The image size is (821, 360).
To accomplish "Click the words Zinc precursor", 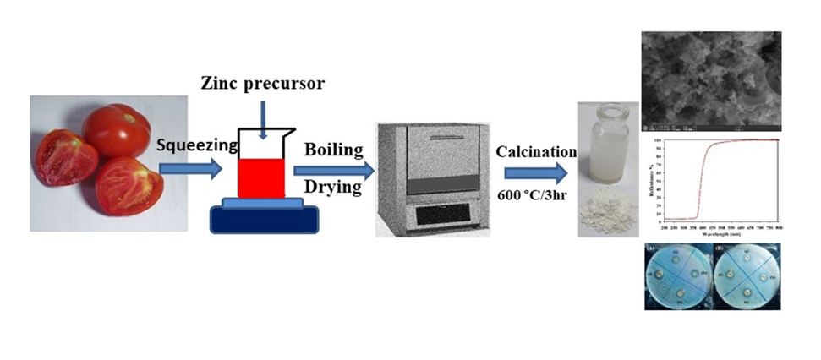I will (262, 84).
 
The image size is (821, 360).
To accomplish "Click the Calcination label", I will (535, 152).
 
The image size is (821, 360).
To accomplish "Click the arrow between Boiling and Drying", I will (334, 168).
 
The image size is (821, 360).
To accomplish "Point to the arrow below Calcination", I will (537, 174).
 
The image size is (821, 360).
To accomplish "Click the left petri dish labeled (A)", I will (678, 278).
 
